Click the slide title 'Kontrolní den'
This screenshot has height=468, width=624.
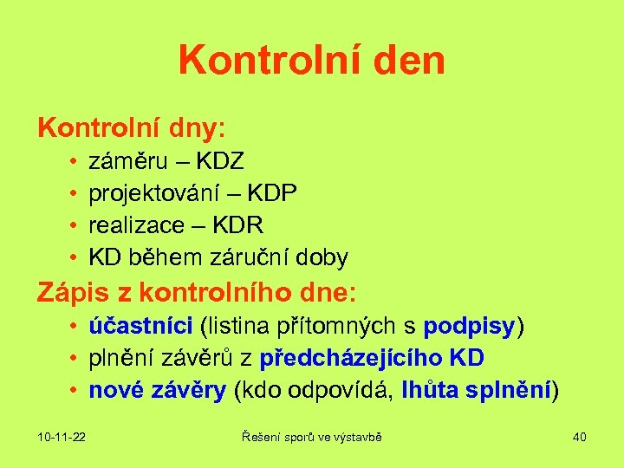[x=311, y=60]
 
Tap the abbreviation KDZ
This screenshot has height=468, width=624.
[x=220, y=161]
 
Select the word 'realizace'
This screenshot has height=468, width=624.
[x=137, y=225]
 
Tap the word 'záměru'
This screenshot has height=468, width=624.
[x=128, y=161]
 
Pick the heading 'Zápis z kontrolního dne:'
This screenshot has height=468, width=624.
[x=196, y=292]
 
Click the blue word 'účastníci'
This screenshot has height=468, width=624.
[x=140, y=326]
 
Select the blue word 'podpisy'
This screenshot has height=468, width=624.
[x=470, y=326]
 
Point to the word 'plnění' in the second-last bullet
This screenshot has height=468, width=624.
[x=120, y=358]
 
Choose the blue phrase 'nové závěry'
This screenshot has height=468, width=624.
[x=159, y=390]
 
